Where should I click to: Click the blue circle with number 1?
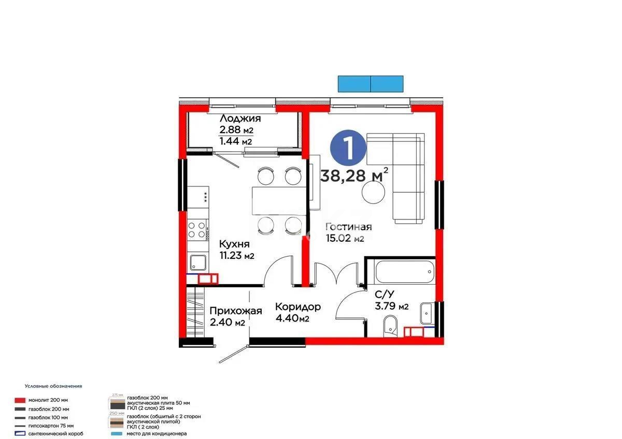point(348,148)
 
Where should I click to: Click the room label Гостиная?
point(348,227)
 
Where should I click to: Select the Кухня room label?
point(234,244)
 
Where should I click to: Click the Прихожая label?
point(235,311)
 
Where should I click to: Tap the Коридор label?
point(298,306)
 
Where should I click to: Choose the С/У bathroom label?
point(384,294)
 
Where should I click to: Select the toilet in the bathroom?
point(390,326)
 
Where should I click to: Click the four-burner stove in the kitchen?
point(197,229)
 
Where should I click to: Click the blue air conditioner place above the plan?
point(371,83)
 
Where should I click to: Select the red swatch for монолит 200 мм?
point(20,400)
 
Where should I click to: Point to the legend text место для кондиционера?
point(157,433)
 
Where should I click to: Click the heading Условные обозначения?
point(53,386)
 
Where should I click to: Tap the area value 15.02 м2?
point(345,239)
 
